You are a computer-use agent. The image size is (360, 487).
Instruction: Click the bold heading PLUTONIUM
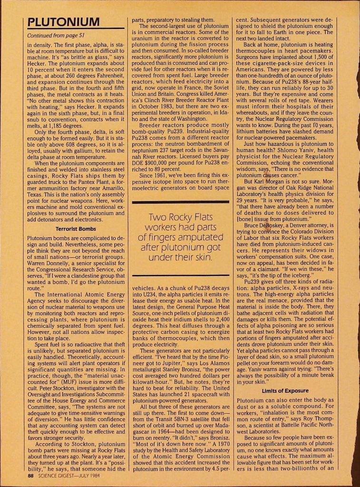63,22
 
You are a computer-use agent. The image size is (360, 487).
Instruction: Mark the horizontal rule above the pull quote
184,203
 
